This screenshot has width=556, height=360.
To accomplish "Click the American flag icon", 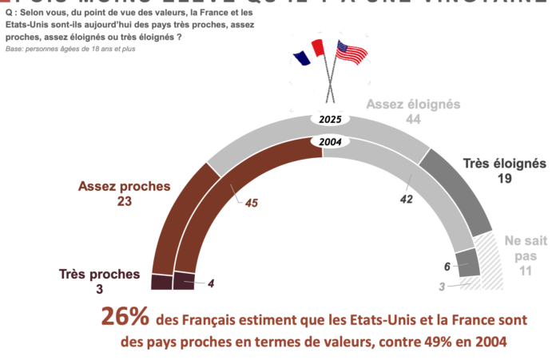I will (x=351, y=53).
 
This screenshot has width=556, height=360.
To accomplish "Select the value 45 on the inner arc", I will (x=251, y=203).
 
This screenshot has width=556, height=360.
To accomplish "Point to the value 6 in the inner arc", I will (x=448, y=267).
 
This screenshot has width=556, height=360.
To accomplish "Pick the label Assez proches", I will (x=124, y=187).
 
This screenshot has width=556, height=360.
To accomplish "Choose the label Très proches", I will (x=100, y=274).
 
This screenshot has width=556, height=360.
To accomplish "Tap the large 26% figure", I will (x=125, y=317).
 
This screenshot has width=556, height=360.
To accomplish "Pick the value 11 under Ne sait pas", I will (x=524, y=271).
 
